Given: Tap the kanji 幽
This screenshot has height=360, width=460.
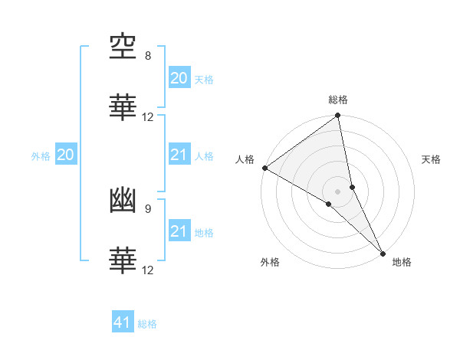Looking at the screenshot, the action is tap(123, 200).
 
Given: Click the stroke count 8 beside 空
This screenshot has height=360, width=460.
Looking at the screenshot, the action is tap(148, 56).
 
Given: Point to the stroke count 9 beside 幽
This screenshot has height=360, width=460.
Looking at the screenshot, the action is tap(148, 208).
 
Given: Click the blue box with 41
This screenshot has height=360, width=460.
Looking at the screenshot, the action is tap(123, 322).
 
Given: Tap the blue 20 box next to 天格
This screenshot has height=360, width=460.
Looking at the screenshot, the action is tap(179, 78).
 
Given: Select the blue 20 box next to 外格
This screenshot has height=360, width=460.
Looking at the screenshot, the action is tap(65, 155).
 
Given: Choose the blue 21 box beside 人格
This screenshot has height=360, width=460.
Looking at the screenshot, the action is tap(179, 155).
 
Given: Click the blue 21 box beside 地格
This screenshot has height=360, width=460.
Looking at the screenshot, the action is tap(179, 231).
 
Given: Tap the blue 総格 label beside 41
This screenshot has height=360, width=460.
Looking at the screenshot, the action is tap(147, 324).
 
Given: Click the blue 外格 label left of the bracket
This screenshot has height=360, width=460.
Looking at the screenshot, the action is tap(41, 156).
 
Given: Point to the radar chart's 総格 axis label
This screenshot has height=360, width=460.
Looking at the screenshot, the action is tap(338, 100).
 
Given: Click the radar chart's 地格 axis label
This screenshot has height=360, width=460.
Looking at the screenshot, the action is tap(402, 263).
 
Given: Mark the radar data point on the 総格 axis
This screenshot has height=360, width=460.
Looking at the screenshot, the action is tap(338, 116).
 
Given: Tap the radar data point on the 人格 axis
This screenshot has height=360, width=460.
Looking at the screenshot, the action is tap(264, 168).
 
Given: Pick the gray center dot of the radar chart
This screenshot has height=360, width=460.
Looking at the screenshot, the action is tap(338, 191).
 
